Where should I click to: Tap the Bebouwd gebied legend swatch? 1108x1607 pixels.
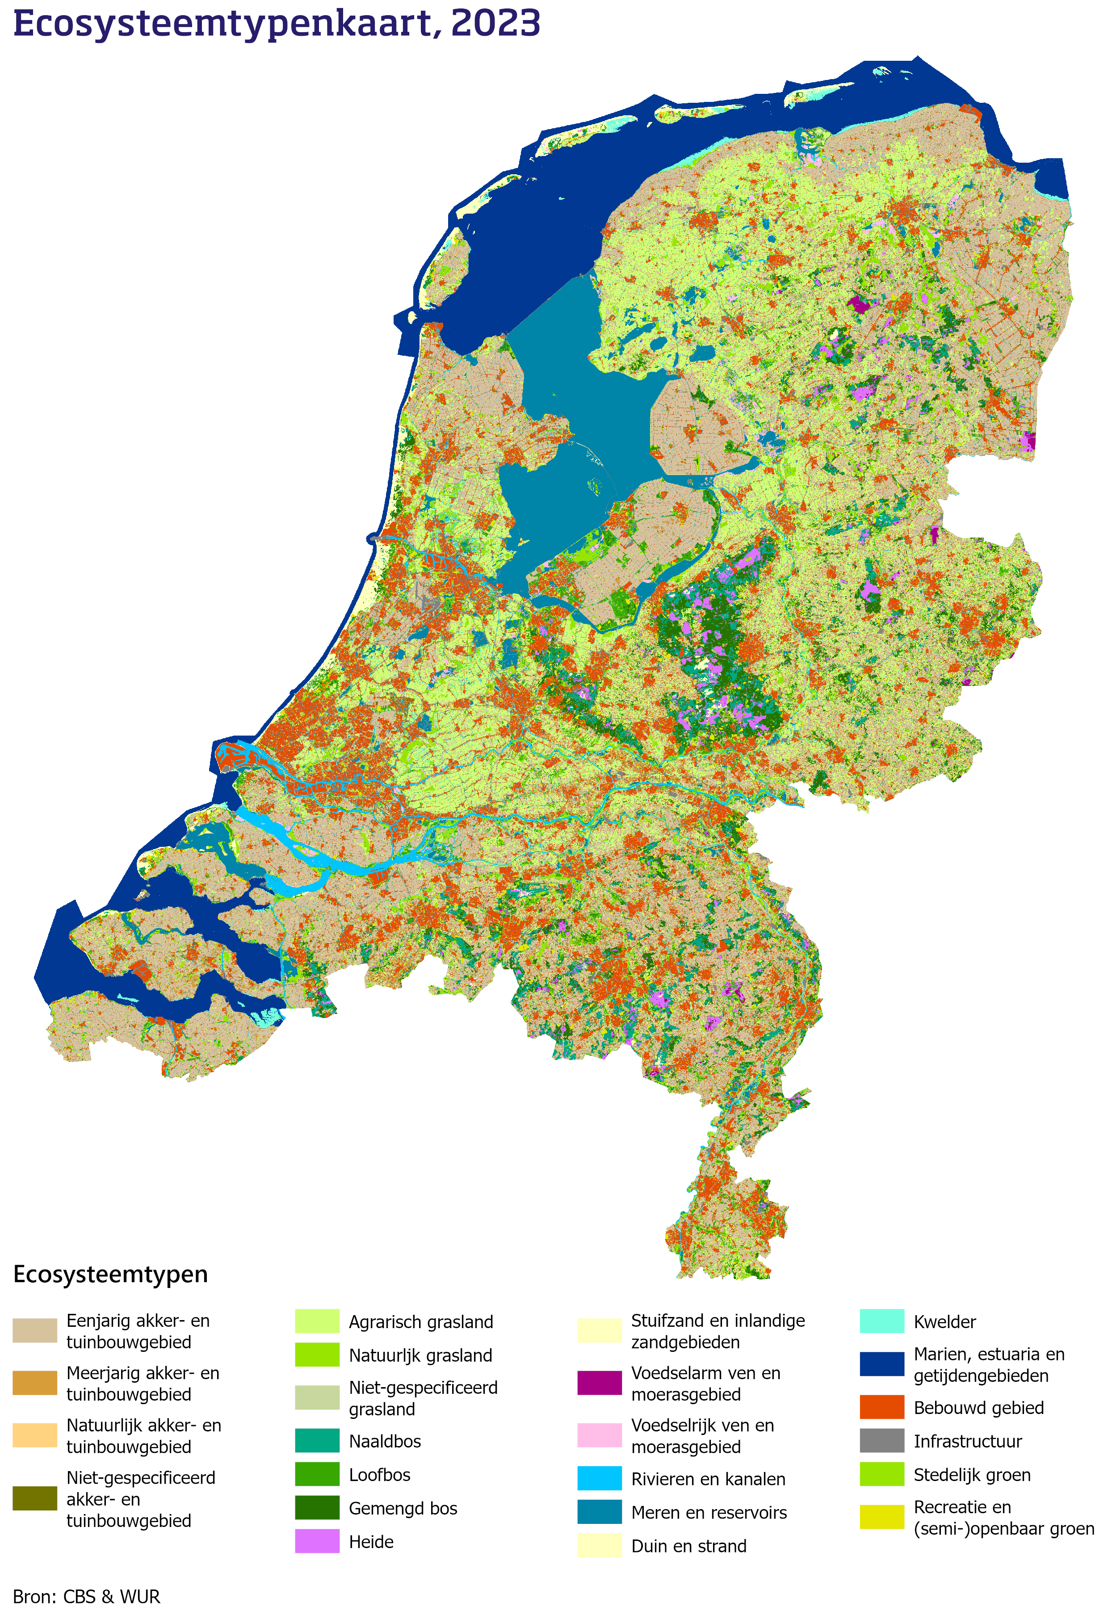(881, 1407)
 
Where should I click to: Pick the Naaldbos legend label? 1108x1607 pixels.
(385, 1441)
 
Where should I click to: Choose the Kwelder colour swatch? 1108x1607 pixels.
(881, 1321)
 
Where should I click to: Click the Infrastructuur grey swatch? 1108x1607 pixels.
(881, 1440)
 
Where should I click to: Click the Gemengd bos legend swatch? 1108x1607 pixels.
(317, 1508)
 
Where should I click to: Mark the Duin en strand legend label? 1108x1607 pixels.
(688, 1546)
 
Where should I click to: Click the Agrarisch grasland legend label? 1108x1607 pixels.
(421, 1321)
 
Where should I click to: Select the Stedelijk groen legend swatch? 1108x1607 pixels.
(881, 1474)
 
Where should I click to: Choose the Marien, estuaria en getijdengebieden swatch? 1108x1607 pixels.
(881, 1364)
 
